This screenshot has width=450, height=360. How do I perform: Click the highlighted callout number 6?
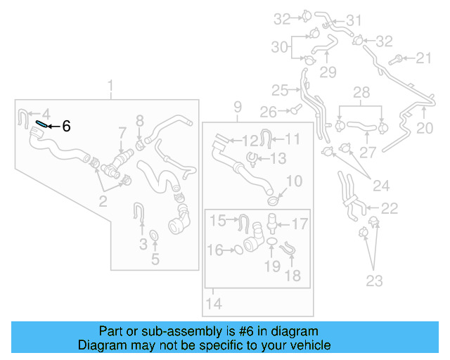click(x=66, y=127)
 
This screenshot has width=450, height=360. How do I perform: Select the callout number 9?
click(x=238, y=107)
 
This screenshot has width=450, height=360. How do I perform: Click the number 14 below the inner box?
click(x=214, y=304)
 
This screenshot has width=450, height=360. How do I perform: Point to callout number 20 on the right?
click(x=425, y=128)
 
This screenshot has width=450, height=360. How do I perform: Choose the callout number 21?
click(x=425, y=58)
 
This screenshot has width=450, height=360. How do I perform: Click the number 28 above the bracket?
click(x=361, y=93)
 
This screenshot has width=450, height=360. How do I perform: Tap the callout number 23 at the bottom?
click(x=374, y=281)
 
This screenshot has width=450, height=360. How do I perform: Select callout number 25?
click(x=280, y=90)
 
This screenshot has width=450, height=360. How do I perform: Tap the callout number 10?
click(x=293, y=181)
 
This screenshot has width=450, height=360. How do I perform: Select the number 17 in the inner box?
click(x=300, y=225)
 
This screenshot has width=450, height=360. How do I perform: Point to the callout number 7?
click(x=122, y=132)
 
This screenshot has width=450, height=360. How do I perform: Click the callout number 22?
click(x=389, y=208)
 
